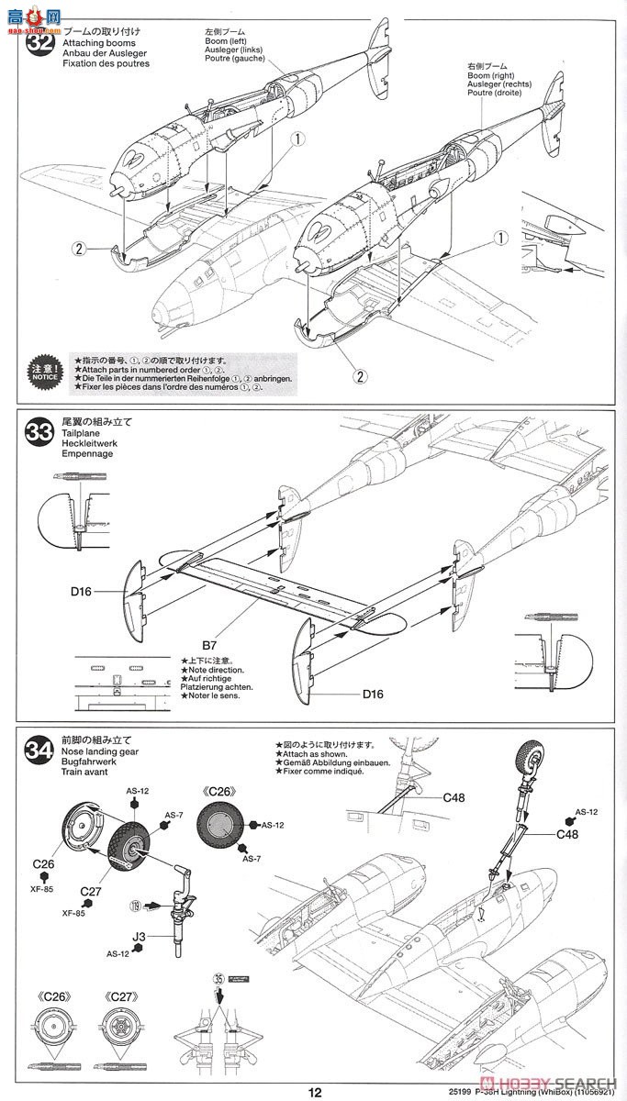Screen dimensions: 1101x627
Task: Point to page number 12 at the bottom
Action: pos(315,1092)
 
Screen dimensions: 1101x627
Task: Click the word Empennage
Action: pos(87,453)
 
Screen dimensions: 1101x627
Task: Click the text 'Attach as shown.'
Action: pos(310,752)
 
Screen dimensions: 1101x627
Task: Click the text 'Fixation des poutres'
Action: pos(105,63)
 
